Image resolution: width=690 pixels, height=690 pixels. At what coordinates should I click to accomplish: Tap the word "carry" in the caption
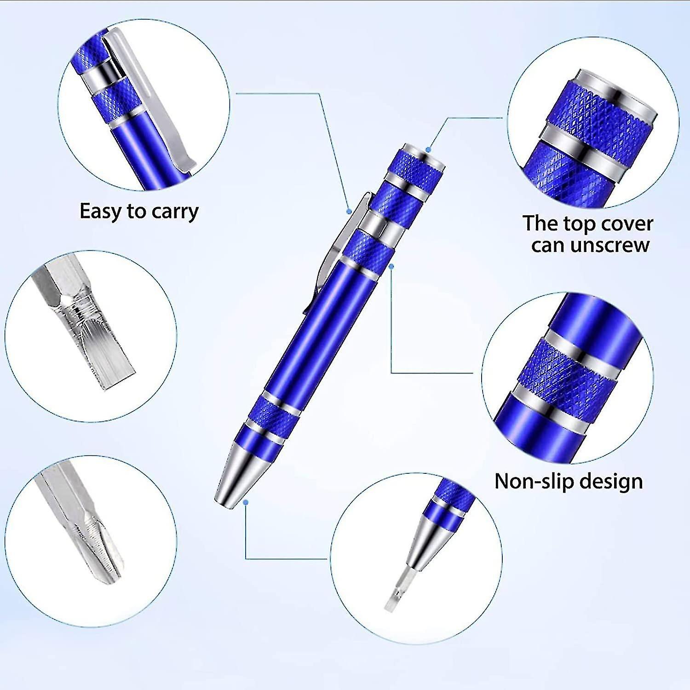coord(175,212)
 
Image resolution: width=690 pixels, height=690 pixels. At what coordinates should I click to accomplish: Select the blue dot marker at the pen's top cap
coord(428,149)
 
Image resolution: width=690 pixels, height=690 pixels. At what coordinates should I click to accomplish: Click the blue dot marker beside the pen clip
coord(349,211)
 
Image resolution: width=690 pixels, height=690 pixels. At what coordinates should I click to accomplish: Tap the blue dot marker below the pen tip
coord(246,503)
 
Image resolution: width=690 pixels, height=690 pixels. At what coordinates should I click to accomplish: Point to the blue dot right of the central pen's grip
coord(391,266)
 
